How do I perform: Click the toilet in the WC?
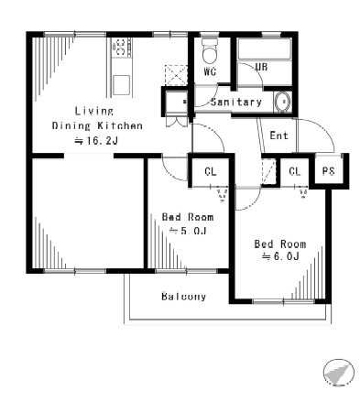(x=210, y=49)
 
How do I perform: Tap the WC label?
(x=210, y=71)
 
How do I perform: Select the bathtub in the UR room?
(x=264, y=49)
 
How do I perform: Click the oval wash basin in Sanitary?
(x=282, y=102)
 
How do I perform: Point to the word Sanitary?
(x=236, y=102)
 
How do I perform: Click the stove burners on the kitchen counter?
(x=120, y=48)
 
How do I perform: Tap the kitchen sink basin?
(x=121, y=85)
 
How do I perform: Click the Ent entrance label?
(x=278, y=135)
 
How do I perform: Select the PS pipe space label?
(x=328, y=171)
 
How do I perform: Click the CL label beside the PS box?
(x=295, y=171)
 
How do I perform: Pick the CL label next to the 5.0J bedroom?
(x=211, y=172)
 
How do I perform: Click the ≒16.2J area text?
(x=96, y=141)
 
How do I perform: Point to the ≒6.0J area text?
(x=280, y=256)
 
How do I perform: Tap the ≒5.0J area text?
(x=189, y=231)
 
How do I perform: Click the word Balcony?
(x=183, y=297)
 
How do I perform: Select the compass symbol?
(x=339, y=373)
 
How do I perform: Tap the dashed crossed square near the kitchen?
(x=175, y=75)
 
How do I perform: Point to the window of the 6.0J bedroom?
(x=283, y=302)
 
